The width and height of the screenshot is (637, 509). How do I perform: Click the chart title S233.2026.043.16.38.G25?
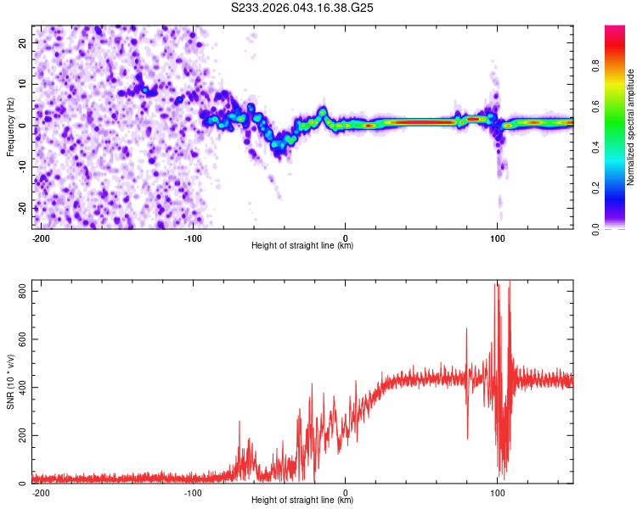[302, 8]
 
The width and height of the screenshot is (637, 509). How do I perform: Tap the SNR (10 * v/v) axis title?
[10, 383]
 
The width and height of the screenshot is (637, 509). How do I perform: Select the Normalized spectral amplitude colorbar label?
[631, 128]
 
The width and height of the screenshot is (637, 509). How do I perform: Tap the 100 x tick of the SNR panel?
[498, 493]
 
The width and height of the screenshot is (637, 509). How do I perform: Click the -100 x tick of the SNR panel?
[193, 493]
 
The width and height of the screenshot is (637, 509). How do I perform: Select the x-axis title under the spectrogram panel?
[302, 246]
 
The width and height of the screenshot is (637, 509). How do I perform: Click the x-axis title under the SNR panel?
[302, 501]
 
